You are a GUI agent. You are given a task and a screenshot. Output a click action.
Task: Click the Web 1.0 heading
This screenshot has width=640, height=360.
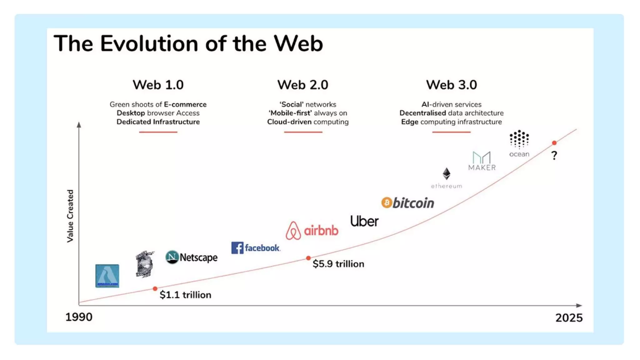click(x=158, y=85)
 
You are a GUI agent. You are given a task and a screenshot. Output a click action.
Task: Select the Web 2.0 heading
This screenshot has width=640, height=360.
click(x=302, y=85)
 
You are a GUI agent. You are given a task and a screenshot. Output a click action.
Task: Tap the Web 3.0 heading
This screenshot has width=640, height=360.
click(x=451, y=85)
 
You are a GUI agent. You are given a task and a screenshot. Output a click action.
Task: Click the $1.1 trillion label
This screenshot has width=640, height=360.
click(x=185, y=295)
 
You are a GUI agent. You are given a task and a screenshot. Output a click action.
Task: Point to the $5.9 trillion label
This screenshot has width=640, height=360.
click(x=338, y=264)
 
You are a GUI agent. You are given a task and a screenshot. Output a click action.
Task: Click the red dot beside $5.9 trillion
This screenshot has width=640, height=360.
click(x=308, y=258)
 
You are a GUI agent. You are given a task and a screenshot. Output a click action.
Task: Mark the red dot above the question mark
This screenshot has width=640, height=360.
click(x=554, y=143)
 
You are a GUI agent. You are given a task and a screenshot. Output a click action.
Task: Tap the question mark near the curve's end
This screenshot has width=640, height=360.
click(x=554, y=155)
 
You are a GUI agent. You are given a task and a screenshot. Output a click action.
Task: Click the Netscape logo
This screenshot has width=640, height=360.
click(x=191, y=257)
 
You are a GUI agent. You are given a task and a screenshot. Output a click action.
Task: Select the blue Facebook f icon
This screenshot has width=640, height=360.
click(x=237, y=248)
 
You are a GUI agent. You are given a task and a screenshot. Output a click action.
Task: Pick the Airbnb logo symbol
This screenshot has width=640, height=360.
click(x=293, y=231)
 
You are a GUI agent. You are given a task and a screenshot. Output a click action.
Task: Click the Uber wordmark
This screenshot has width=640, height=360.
click(x=364, y=221)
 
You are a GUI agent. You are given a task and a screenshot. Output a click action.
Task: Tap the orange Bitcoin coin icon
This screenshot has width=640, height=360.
click(x=387, y=203)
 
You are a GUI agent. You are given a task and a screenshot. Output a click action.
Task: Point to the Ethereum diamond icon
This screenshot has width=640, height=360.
click(x=446, y=173)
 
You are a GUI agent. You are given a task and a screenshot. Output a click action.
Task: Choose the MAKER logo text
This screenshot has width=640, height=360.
click(x=482, y=167)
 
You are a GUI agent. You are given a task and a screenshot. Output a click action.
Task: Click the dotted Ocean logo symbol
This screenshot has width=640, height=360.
click(x=519, y=139)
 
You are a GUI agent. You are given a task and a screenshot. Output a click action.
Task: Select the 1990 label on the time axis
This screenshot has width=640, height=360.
click(x=79, y=317)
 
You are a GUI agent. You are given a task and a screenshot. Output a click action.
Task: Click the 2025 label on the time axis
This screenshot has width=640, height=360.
click(x=569, y=318)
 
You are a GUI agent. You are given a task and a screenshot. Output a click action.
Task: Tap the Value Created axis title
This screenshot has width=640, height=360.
click(x=70, y=216)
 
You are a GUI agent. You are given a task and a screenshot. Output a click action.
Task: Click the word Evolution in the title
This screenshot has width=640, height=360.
click(x=149, y=43)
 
